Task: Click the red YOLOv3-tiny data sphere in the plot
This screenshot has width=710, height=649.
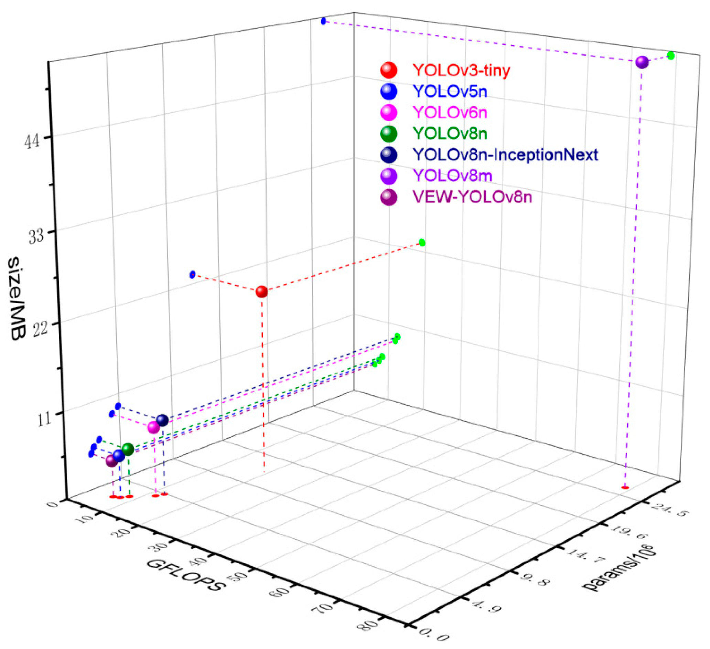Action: click(x=262, y=291)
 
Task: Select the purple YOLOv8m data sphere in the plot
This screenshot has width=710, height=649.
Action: click(x=642, y=62)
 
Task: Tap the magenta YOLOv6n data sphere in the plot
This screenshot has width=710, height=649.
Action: click(x=153, y=427)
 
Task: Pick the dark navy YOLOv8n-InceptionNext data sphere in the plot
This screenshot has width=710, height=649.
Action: click(x=162, y=420)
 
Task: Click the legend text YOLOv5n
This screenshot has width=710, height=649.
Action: click(x=450, y=92)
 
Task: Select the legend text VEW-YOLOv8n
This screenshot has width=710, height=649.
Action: click(x=472, y=197)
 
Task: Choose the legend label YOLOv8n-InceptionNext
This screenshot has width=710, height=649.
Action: click(x=505, y=155)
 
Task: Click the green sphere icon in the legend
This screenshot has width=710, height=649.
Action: click(x=389, y=134)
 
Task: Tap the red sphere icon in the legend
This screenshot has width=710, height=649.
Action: click(x=389, y=70)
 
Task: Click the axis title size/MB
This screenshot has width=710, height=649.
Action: click(x=17, y=298)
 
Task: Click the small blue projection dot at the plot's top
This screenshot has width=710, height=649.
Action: click(x=323, y=21)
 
